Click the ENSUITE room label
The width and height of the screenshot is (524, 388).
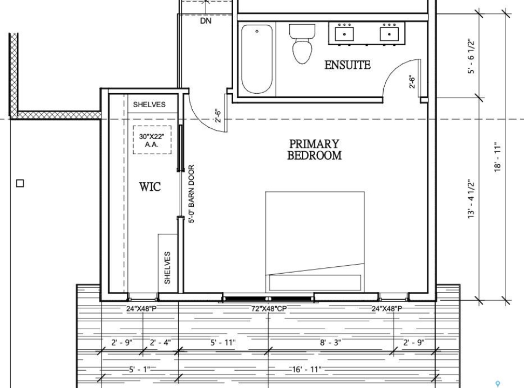click(x=348, y=65)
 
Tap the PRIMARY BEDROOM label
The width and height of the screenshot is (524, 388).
click(x=315, y=149)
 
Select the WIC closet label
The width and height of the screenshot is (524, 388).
click(x=150, y=186)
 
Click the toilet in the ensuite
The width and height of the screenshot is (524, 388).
click(x=302, y=44)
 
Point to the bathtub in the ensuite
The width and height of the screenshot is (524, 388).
click(x=257, y=59)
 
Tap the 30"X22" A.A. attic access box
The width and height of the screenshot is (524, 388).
click(x=152, y=140)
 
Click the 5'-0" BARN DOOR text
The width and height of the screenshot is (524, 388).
click(x=191, y=194)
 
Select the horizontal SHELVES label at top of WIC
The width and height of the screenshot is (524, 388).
click(x=149, y=105)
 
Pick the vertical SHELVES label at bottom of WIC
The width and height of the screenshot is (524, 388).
click(x=167, y=268)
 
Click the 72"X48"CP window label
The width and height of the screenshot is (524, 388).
click(x=269, y=309)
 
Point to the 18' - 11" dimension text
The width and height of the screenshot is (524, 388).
click(x=498, y=157)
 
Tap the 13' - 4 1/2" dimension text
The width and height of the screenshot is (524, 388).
click(x=471, y=199)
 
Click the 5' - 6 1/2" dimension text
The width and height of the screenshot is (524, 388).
click(x=471, y=57)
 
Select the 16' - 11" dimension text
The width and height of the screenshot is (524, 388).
click(x=307, y=369)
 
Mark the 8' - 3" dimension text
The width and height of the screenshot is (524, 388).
click(x=330, y=343)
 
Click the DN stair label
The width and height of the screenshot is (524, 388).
click(x=206, y=20)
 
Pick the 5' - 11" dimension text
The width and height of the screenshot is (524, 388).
click(x=223, y=343)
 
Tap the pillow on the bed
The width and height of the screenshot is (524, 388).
click(x=315, y=282)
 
